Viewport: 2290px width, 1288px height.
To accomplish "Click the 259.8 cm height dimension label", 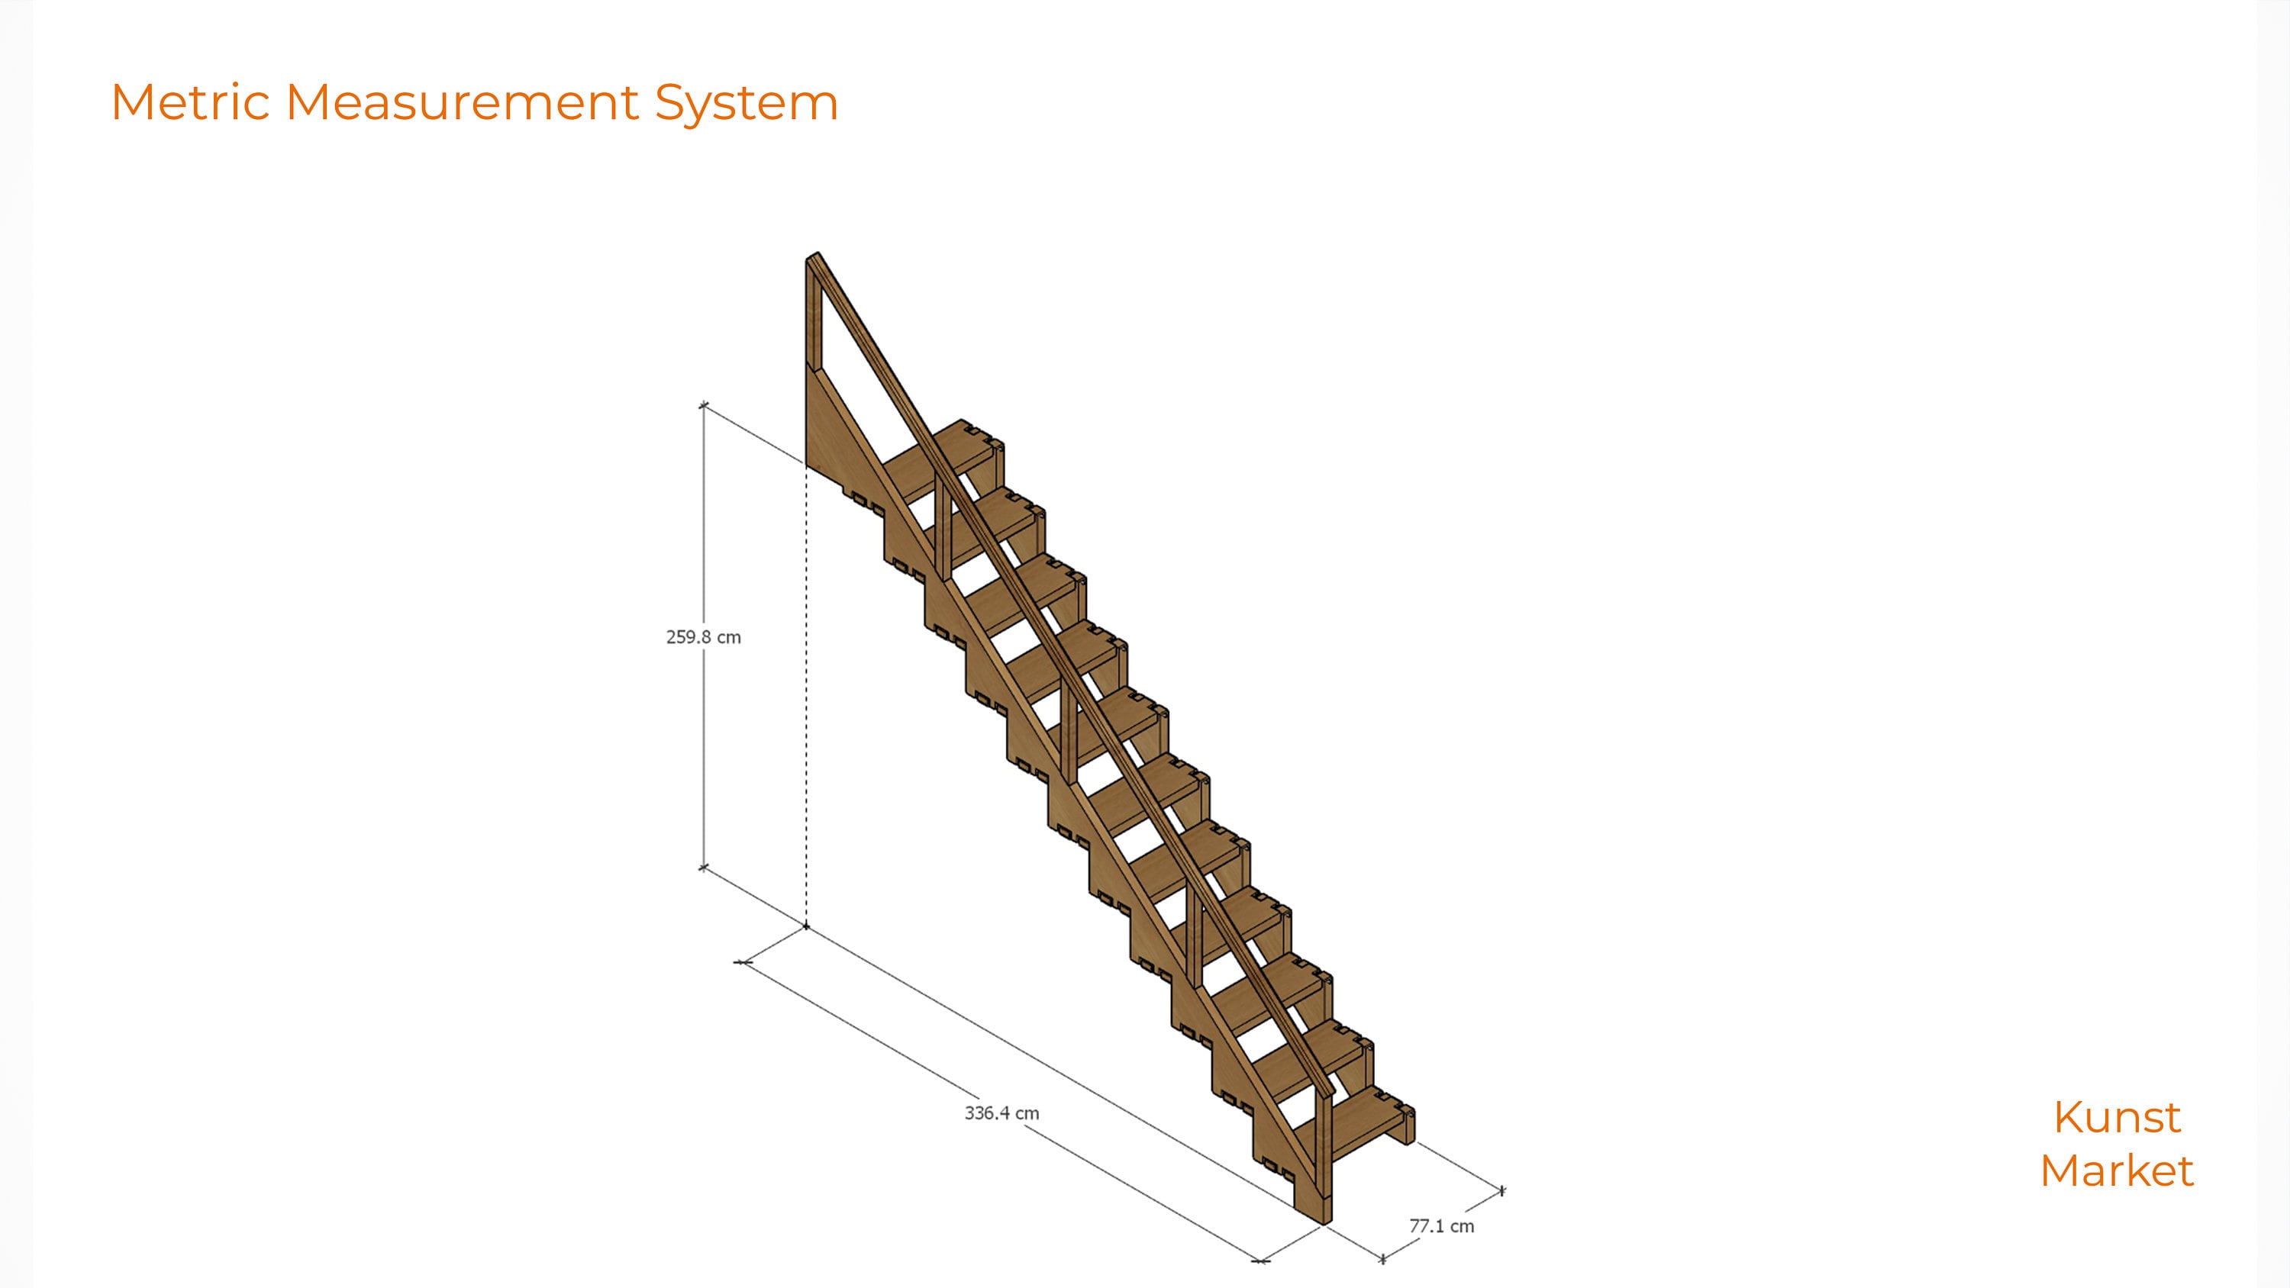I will [x=703, y=637].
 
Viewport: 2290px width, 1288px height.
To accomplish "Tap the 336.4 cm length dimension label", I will [x=1001, y=1113].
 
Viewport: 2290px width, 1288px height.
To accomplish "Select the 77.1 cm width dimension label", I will [x=1441, y=1225].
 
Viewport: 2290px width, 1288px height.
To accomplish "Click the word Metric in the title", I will [x=190, y=102].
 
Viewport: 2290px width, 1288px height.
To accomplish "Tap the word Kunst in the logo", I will [x=2117, y=1117].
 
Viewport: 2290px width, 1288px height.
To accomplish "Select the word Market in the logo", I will [x=2117, y=1170].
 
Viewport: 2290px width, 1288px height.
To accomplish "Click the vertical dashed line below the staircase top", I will [x=806, y=694].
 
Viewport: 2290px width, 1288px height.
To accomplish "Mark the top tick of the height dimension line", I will [x=703, y=406].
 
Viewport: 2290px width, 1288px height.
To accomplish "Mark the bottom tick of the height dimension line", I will [x=703, y=867].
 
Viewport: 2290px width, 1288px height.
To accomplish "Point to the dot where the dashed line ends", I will [x=806, y=926].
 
